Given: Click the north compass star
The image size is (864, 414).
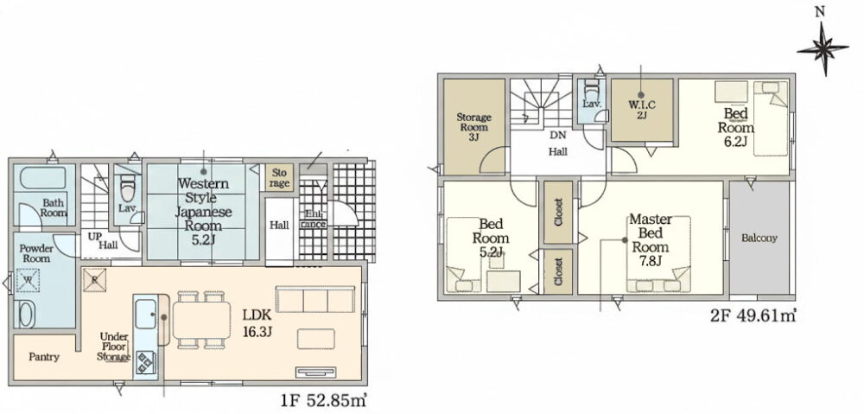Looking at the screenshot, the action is click(x=823, y=49).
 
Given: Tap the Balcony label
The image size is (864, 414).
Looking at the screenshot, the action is click(x=759, y=239).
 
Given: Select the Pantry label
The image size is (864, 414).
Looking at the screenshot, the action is click(x=43, y=357).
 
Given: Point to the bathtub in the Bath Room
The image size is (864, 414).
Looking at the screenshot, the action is click(x=43, y=177).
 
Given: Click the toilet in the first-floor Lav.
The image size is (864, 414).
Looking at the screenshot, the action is click(x=127, y=188).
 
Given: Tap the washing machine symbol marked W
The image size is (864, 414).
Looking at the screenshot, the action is click(x=28, y=280).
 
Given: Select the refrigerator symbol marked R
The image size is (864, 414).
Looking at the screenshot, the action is click(x=94, y=279).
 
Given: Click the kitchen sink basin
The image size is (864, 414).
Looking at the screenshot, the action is click(x=145, y=315).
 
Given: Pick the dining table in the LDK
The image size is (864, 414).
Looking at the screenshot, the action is click(x=201, y=321).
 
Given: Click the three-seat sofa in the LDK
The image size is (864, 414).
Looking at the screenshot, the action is click(x=315, y=299).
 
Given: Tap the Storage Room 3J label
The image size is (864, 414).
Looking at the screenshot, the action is click(x=473, y=127).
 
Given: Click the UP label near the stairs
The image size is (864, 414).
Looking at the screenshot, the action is click(x=93, y=235).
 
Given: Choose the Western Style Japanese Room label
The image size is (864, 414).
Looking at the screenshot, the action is click(x=204, y=211).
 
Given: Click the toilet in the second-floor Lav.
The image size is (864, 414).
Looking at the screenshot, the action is click(x=591, y=89).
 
